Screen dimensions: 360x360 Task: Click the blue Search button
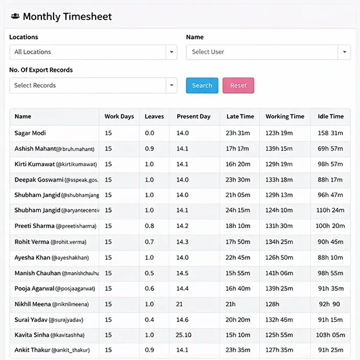202,85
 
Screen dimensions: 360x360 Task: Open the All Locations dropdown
93,52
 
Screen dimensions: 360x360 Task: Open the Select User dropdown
268,52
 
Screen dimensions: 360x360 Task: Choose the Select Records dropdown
93,85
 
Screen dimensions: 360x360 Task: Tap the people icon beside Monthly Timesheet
15,17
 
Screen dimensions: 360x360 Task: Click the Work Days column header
119,117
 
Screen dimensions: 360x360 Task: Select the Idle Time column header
330,117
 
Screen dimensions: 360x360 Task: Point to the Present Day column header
193,117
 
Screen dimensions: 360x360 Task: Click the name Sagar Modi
30,133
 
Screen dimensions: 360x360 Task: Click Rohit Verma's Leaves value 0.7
149,242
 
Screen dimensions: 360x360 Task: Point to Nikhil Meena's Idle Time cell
330,304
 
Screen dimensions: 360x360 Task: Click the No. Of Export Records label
41,70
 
